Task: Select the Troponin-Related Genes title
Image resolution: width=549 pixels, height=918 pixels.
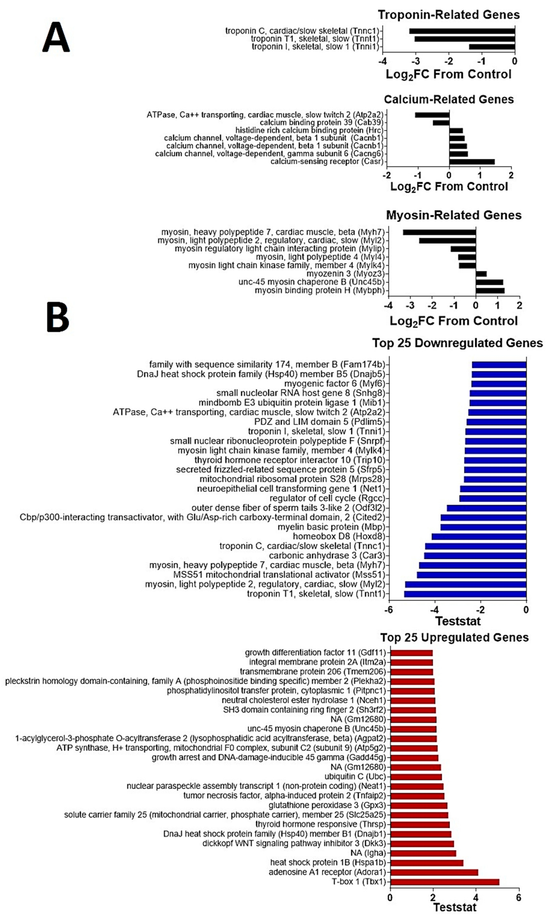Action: pos(448,15)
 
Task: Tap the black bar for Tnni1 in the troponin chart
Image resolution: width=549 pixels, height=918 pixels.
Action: pos(492,47)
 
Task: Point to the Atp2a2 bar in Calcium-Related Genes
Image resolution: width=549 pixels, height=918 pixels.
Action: pos(432,115)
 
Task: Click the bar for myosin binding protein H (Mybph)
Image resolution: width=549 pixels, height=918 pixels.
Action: pos(490,290)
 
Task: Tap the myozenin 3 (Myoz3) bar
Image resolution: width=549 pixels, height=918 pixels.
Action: pos(481,274)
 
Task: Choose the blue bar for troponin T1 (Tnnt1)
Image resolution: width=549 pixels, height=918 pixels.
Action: pos(465,594)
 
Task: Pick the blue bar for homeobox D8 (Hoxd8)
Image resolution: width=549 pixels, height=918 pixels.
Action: pos(479,536)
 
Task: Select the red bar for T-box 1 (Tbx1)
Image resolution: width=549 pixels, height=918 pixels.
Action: pos(445,882)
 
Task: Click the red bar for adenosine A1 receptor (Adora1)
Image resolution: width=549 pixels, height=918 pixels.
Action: pos(434,872)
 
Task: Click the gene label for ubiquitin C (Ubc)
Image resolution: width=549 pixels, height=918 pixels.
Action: pos(355,776)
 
